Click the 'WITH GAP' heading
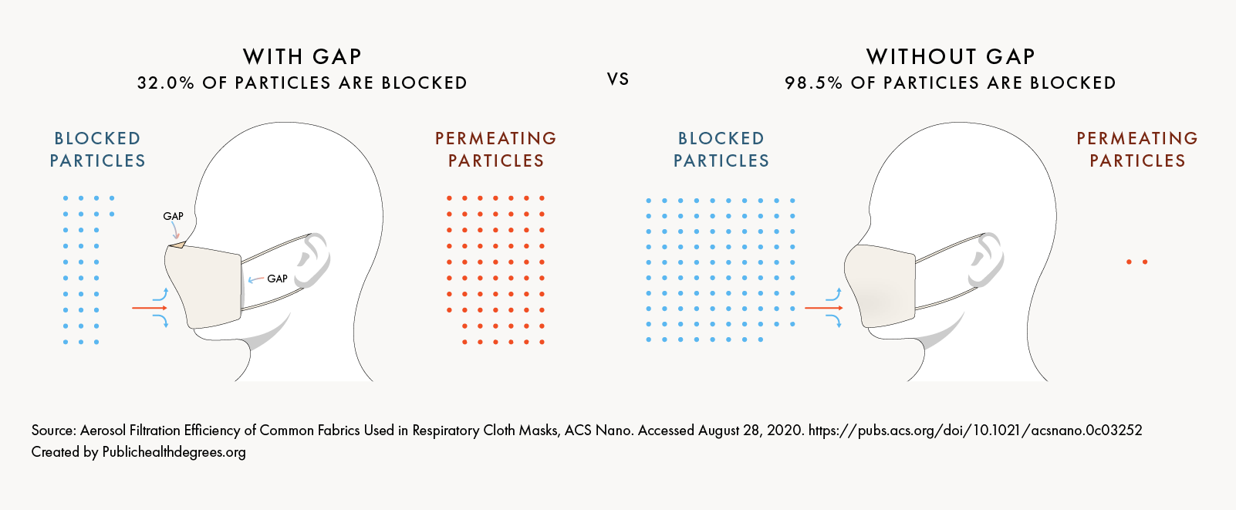click(302, 56)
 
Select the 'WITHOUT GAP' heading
click(950, 56)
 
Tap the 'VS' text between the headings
click(618, 79)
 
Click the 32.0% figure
click(165, 83)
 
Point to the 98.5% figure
click(813, 83)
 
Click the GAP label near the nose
click(173, 216)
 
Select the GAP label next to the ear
click(277, 279)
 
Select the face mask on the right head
click(880, 285)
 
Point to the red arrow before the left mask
click(150, 308)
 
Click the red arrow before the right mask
click(823, 308)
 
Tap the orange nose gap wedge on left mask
click(177, 245)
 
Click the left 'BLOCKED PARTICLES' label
click(97, 150)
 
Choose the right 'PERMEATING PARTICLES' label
click(1137, 150)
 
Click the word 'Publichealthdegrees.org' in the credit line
click(174, 452)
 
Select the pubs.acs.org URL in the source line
click(975, 431)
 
